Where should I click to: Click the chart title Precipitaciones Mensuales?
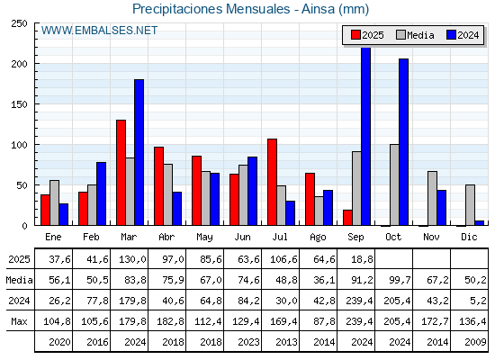[x=211, y=9]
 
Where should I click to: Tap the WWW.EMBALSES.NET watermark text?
[x=99, y=31]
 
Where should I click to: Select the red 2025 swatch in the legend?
[x=355, y=35]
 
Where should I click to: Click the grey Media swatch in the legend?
[x=400, y=35]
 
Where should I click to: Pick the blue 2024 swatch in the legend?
[x=451, y=35]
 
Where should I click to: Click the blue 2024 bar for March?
[x=139, y=152]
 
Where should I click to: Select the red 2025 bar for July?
[x=272, y=182]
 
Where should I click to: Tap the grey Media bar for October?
[x=394, y=184]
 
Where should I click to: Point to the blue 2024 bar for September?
[x=365, y=136]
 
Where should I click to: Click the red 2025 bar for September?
[x=347, y=218]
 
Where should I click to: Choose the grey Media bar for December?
[x=470, y=205]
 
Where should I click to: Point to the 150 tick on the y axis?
[x=19, y=104]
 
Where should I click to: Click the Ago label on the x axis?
[x=318, y=238]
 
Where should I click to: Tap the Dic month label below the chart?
[x=469, y=237]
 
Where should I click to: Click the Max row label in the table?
[x=19, y=321]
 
